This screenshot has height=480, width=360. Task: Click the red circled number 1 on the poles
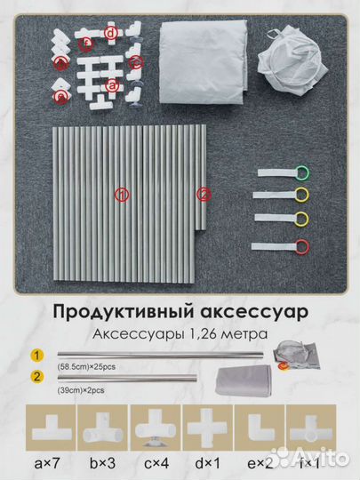click(x=123, y=194)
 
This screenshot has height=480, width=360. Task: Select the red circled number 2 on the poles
click(x=204, y=193)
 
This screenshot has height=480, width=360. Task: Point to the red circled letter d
click(x=110, y=34)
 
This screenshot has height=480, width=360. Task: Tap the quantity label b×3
click(x=103, y=462)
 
